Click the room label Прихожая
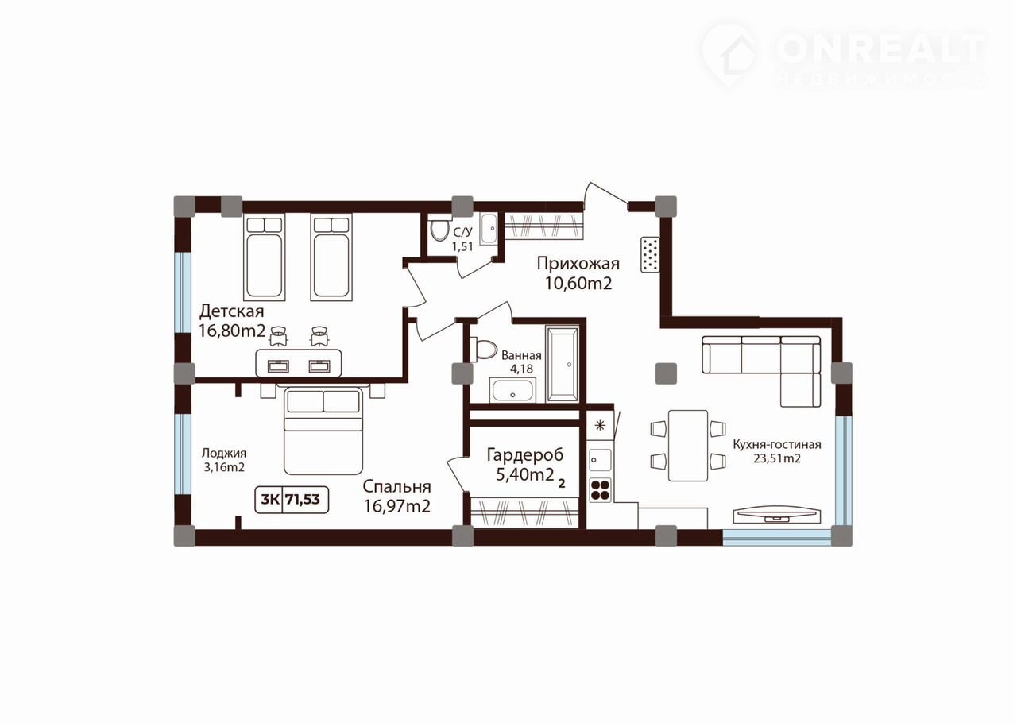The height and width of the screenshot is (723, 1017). pyautogui.click(x=578, y=264)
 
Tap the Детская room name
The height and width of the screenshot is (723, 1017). pyautogui.click(x=231, y=311)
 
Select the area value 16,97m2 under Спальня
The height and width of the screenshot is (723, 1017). pyautogui.click(x=396, y=506)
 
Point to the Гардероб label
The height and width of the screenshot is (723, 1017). pyautogui.click(x=525, y=455)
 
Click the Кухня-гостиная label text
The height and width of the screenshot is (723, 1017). pyautogui.click(x=777, y=445)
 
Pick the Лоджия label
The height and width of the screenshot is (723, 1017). pyautogui.click(x=224, y=453)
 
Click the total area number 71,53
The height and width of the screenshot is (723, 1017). pyautogui.click(x=303, y=500)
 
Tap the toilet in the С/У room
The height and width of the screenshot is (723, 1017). pyautogui.click(x=439, y=230)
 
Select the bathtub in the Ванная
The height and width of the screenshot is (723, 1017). pyautogui.click(x=563, y=363)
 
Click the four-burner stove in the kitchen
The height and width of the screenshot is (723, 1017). pyautogui.click(x=600, y=490)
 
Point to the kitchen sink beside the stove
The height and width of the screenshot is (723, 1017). pyautogui.click(x=600, y=460)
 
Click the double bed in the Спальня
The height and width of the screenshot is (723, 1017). pyautogui.click(x=323, y=430)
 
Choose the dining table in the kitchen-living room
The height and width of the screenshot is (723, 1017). pyautogui.click(x=688, y=446)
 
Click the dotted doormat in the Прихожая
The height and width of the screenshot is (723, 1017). pyautogui.click(x=650, y=254)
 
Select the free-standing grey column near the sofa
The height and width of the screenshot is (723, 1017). pyautogui.click(x=667, y=373)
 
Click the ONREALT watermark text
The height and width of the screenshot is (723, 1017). pyautogui.click(x=880, y=48)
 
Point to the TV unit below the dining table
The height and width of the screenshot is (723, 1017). pyautogui.click(x=776, y=515)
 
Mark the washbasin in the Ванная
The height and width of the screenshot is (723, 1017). pyautogui.click(x=512, y=390)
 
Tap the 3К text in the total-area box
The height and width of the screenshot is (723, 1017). pyautogui.click(x=269, y=500)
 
